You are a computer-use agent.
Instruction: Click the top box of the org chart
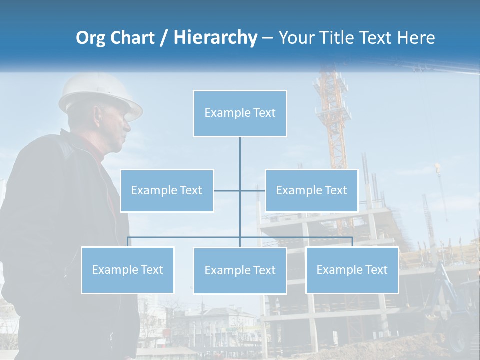(240, 113)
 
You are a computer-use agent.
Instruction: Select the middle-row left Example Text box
(167, 190)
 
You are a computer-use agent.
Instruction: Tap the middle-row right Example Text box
(311, 190)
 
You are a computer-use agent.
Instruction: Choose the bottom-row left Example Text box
(127, 270)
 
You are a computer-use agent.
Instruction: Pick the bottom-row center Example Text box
(240, 270)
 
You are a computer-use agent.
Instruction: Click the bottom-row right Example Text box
(352, 270)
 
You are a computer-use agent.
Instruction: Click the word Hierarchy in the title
(215, 38)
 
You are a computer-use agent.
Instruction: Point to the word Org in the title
(90, 38)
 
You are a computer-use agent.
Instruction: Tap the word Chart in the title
(131, 38)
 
